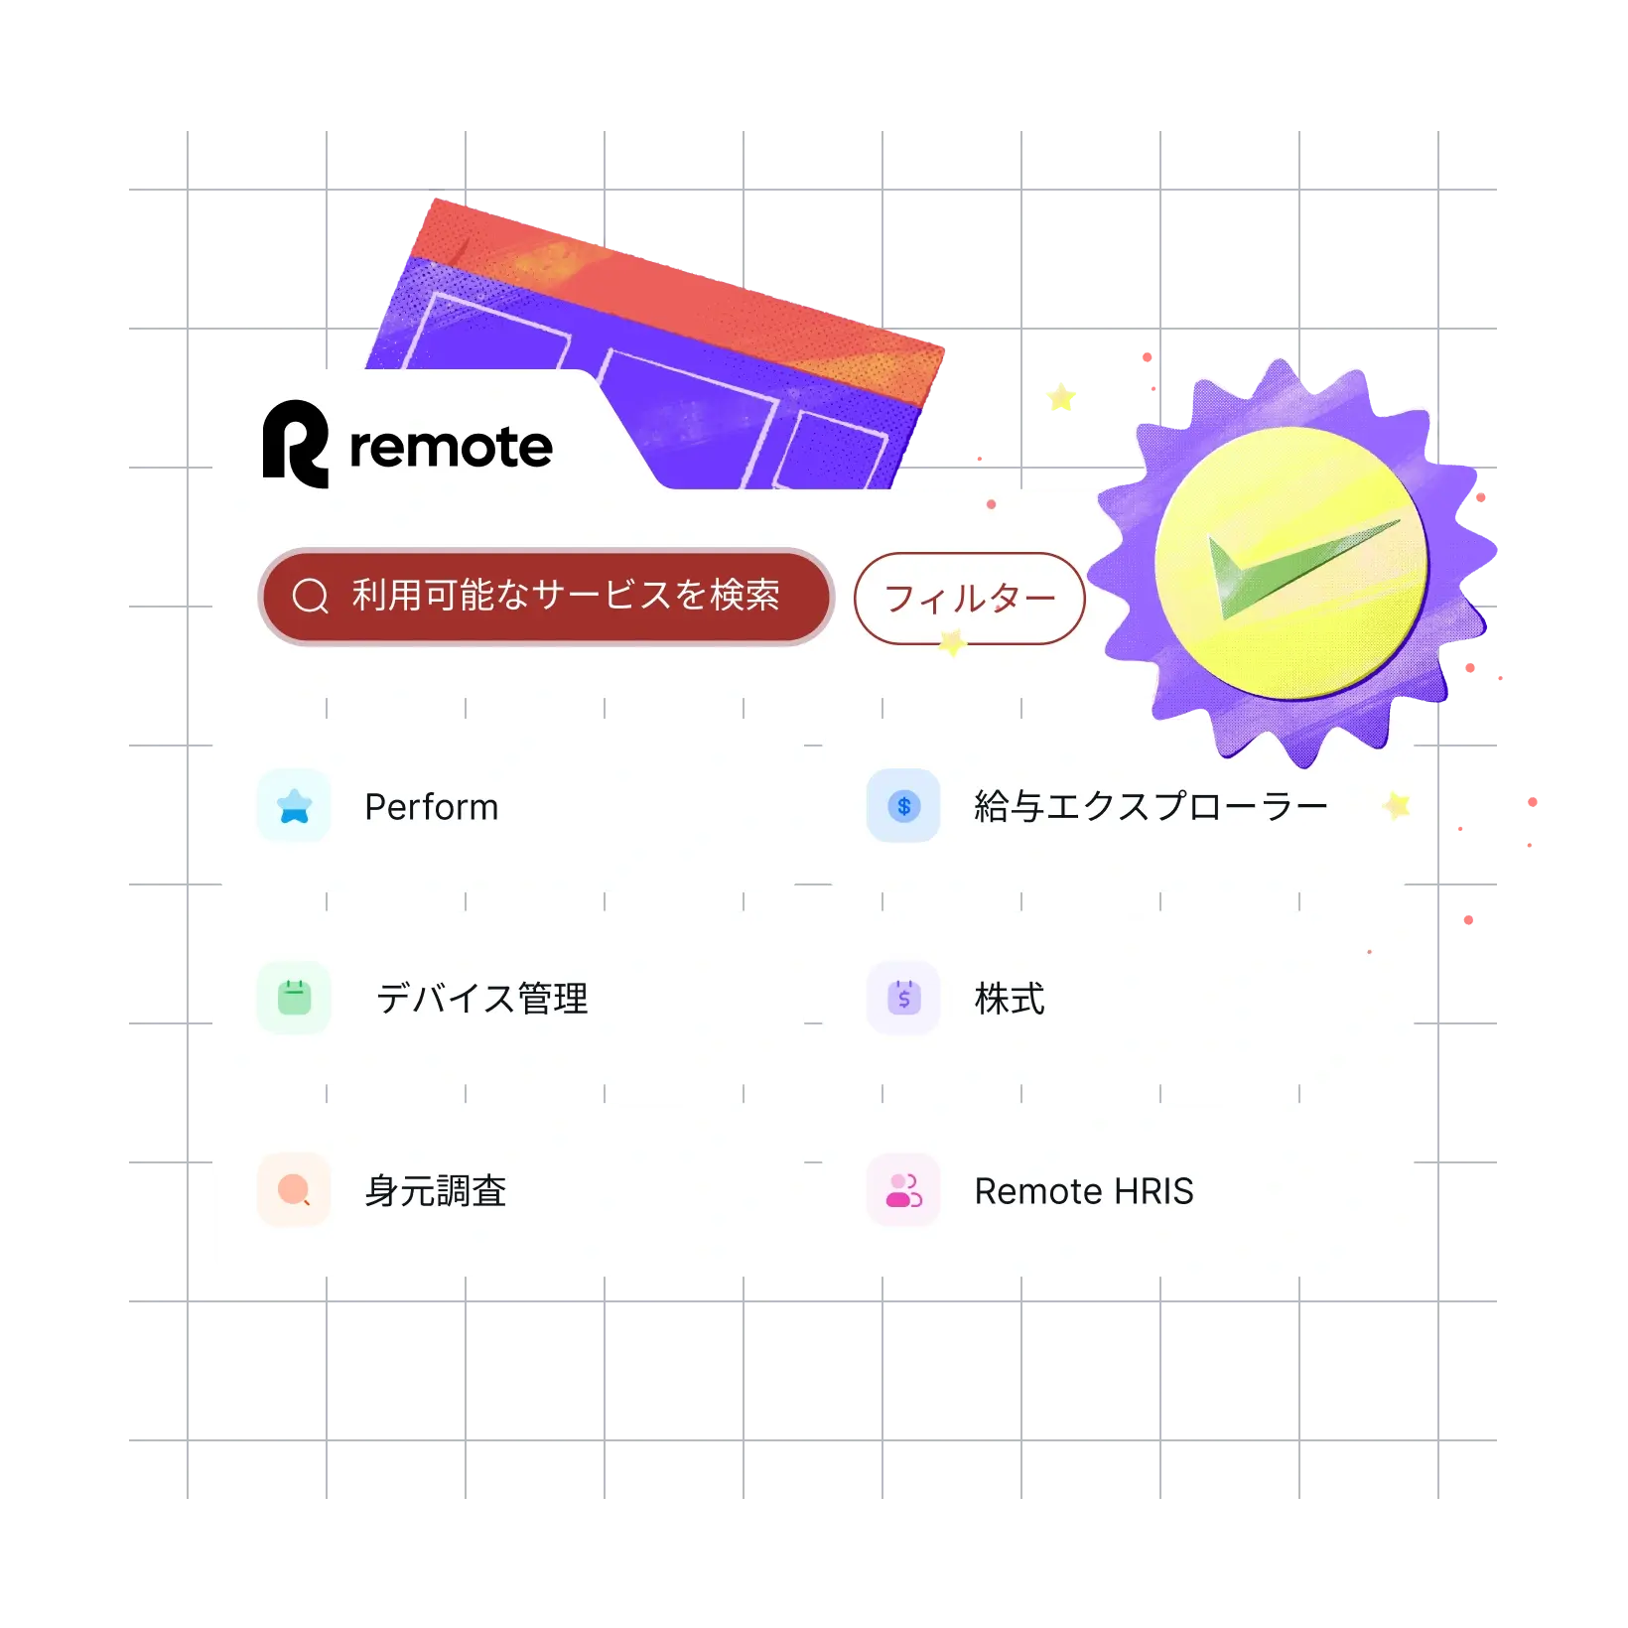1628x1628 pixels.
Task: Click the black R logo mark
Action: click(295, 444)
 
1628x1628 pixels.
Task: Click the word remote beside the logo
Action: click(451, 447)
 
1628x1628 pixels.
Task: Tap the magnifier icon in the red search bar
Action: click(310, 596)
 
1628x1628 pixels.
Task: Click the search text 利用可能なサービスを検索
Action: click(566, 595)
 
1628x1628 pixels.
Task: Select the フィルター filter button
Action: click(969, 599)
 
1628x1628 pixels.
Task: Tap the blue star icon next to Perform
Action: click(294, 806)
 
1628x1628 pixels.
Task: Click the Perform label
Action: click(431, 807)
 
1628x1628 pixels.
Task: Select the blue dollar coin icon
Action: click(903, 806)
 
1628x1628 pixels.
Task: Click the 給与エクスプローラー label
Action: click(1151, 807)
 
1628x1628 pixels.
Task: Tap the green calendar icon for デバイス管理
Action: click(294, 998)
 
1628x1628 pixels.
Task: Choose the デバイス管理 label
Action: click(482, 999)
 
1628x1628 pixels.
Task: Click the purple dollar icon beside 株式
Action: click(903, 998)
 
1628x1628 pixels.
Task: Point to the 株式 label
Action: click(1010, 999)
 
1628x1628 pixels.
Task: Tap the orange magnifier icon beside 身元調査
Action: click(294, 1189)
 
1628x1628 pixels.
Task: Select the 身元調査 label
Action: click(436, 1191)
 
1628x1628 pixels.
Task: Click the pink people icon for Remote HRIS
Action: click(903, 1190)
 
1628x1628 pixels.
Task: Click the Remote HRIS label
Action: click(1084, 1191)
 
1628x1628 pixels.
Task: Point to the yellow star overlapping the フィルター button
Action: click(953, 642)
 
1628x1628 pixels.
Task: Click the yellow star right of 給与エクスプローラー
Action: click(1398, 805)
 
